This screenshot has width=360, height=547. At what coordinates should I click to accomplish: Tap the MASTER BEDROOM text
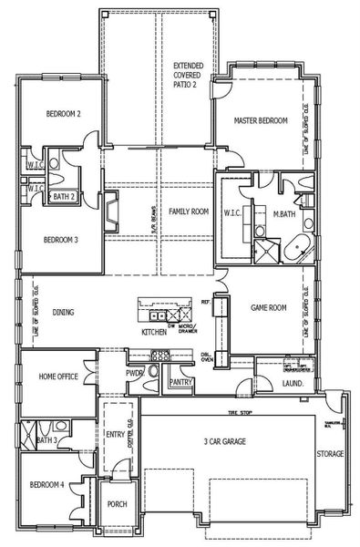(x=261, y=120)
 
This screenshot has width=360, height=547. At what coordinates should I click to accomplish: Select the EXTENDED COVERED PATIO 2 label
(x=190, y=75)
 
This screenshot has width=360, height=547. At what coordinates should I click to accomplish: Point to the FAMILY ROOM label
(x=189, y=212)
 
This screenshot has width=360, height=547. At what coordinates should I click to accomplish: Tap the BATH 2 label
(x=63, y=196)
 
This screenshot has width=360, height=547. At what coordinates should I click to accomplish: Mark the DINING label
(x=63, y=313)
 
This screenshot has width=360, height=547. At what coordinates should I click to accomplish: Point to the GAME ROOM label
(x=269, y=308)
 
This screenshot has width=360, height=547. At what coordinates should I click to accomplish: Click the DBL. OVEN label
(x=208, y=357)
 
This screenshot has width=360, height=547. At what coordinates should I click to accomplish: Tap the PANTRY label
(x=180, y=383)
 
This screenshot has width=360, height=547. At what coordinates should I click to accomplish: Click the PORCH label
(x=117, y=505)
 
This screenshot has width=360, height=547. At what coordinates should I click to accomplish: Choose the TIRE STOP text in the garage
(x=241, y=411)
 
